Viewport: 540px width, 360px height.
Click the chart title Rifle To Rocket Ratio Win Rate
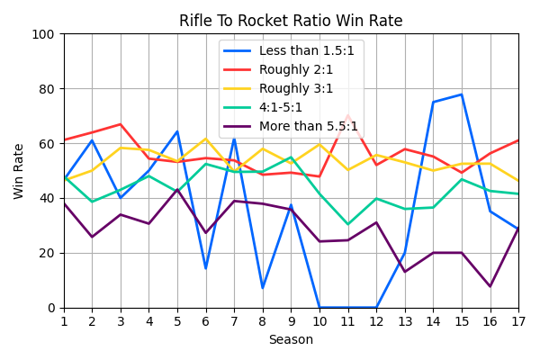click(291, 21)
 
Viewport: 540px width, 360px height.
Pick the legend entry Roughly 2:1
click(296, 70)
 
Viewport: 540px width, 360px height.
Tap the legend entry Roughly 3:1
click(296, 89)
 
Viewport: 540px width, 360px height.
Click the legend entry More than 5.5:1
click(308, 127)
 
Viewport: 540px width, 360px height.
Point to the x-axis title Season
click(291, 340)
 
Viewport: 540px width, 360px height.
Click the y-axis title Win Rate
click(19, 171)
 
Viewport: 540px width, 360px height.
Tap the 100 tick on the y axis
click(45, 34)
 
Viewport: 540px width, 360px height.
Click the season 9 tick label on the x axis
click(291, 320)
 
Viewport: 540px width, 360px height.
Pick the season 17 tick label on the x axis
click(518, 320)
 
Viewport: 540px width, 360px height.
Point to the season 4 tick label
click(149, 320)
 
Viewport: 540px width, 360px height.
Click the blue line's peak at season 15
click(462, 94)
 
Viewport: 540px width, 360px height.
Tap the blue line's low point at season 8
click(263, 288)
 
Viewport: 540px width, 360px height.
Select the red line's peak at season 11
click(347, 116)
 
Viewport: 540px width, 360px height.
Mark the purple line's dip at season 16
click(490, 286)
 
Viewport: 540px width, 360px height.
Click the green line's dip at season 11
click(347, 224)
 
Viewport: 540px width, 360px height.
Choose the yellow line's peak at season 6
click(206, 139)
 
